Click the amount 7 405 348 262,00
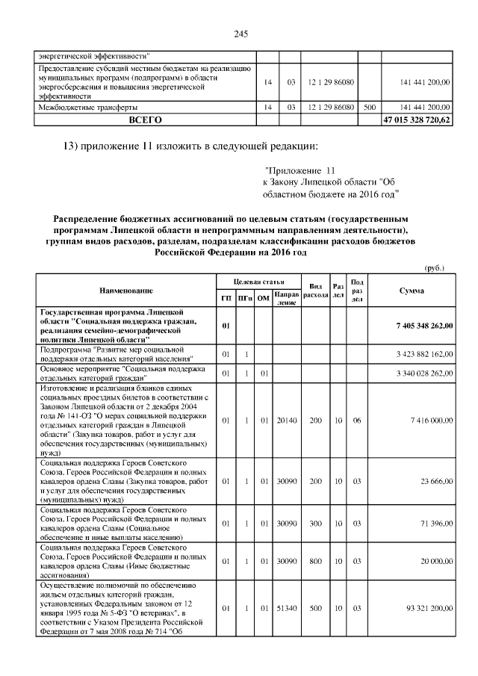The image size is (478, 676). [x=419, y=326]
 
